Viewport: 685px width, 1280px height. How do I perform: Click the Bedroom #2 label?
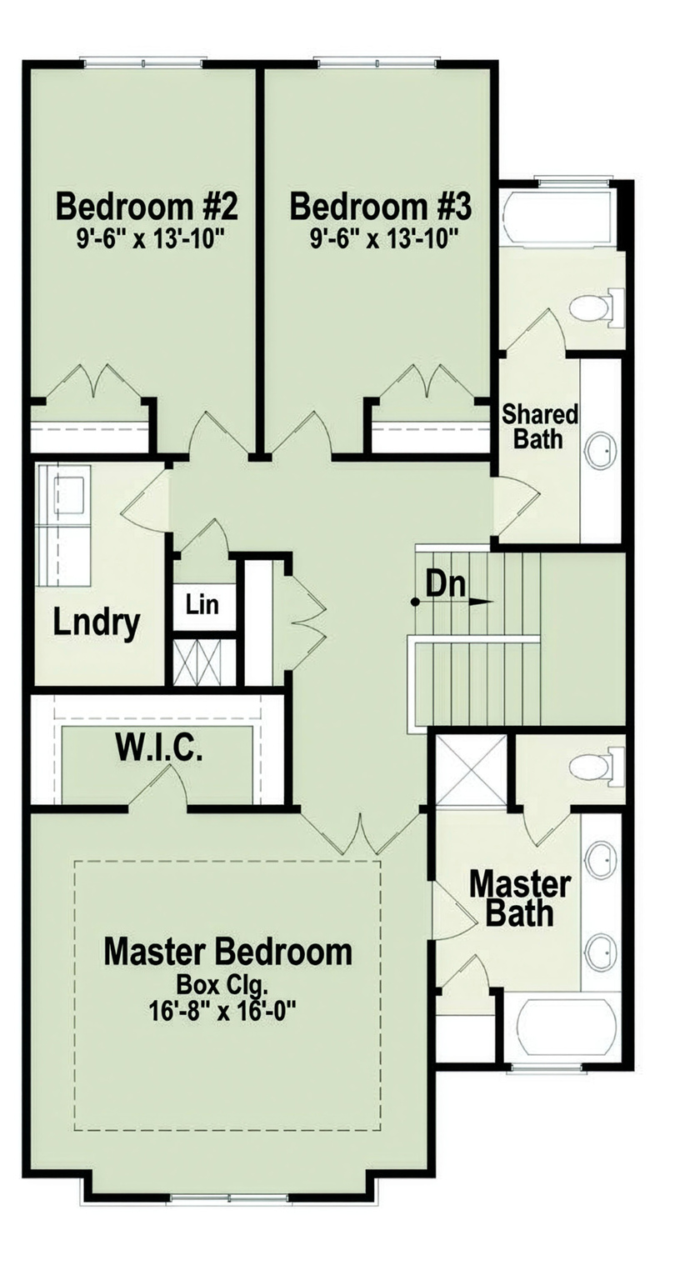tap(147, 205)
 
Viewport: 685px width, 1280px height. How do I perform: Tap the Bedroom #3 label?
tap(381, 205)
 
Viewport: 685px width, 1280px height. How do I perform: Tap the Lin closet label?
tap(202, 604)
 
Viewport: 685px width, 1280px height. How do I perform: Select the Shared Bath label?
tap(540, 426)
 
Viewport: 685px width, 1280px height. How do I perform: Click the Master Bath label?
tap(519, 898)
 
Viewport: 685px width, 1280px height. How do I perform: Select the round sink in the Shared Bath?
tap(600, 451)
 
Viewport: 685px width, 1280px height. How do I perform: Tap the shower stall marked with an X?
tap(471, 768)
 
